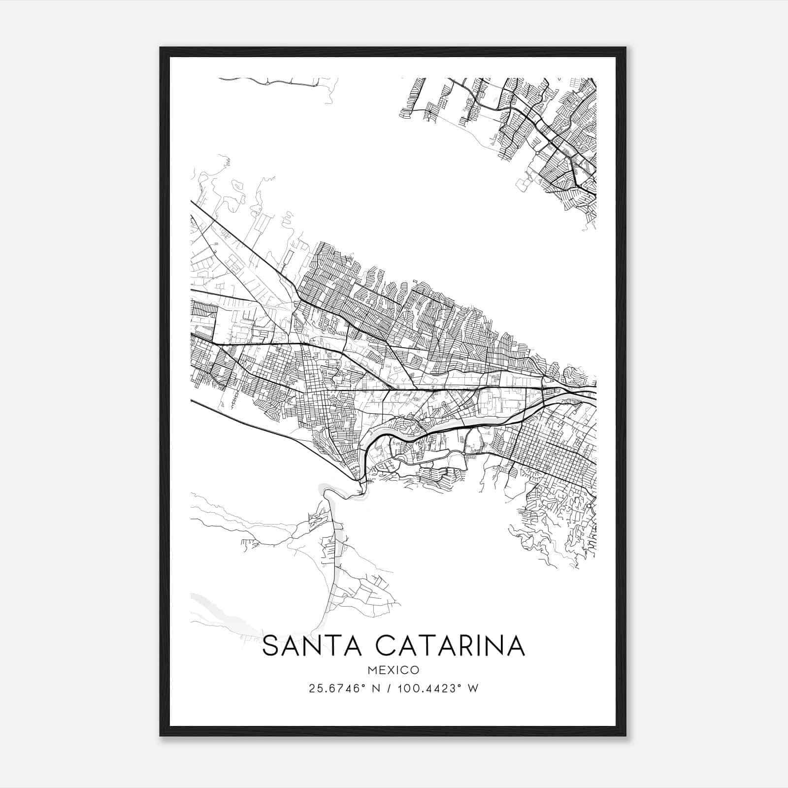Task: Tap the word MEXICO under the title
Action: (394, 670)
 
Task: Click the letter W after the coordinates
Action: (473, 689)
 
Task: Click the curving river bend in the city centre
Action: (389, 433)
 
